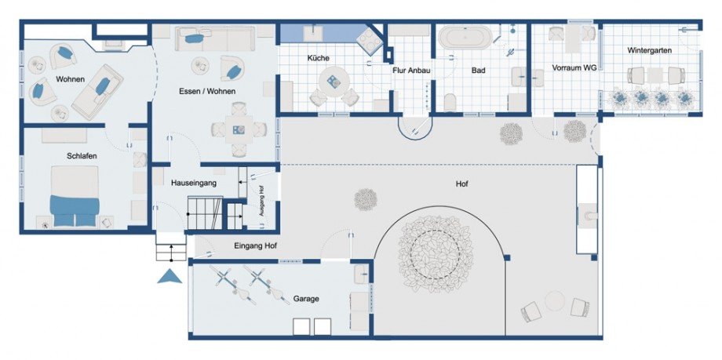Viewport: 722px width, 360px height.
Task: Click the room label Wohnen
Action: (x=71, y=79)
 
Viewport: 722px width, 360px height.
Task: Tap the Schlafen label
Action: (x=82, y=156)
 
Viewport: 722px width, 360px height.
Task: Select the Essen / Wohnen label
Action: (x=207, y=91)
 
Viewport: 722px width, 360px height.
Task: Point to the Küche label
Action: (x=318, y=59)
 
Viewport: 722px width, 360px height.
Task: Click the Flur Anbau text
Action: (x=411, y=71)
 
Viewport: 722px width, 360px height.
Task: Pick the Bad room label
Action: (x=479, y=71)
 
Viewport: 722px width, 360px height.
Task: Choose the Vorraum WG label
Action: (x=574, y=67)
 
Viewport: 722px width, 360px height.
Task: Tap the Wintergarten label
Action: (x=649, y=50)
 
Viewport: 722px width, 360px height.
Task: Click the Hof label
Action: (x=461, y=184)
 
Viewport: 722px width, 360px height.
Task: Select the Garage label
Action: (x=306, y=299)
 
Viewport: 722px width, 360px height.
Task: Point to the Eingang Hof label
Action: (x=256, y=245)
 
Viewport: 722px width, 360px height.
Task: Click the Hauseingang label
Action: (x=193, y=183)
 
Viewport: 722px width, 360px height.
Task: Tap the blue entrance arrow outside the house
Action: (x=170, y=276)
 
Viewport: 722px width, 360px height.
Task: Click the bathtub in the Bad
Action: (x=465, y=38)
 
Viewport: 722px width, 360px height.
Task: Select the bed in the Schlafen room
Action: (x=75, y=196)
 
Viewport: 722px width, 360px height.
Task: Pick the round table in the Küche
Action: (x=334, y=82)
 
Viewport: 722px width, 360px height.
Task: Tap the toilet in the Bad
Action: (x=450, y=103)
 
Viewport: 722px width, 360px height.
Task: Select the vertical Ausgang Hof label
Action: (x=261, y=201)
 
